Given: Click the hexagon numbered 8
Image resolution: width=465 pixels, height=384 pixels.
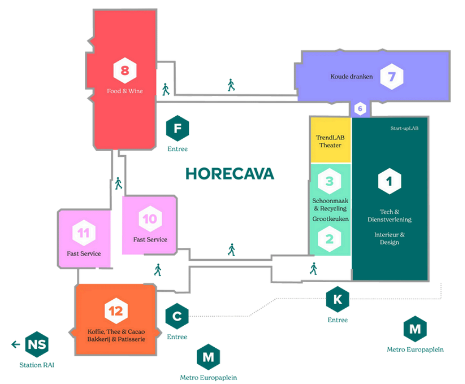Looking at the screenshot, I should point(125,70).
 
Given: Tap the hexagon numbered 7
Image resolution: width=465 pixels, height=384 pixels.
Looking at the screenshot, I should point(391,77).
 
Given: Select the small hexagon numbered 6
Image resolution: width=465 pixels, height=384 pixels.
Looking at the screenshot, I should point(360,109).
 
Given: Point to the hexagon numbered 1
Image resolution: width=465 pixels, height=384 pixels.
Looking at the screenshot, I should point(389,181).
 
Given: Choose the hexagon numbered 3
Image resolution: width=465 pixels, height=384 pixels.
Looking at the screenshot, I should point(329,181).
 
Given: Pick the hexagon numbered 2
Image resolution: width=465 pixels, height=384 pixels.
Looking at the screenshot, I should point(329,239).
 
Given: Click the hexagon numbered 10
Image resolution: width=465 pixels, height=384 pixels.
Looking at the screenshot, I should point(149,219).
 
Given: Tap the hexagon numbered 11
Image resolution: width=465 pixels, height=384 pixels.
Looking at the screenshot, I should point(83,233).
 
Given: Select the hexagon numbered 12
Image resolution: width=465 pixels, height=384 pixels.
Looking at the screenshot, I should point(115,310).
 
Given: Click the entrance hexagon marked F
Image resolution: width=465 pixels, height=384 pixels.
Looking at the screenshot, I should point(177,128).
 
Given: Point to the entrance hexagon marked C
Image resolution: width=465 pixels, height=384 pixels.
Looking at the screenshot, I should point(177,317).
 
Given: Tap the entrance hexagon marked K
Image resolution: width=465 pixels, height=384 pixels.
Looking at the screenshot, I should point(337,299).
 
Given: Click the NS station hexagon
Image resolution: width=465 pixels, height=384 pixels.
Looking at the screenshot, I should point(37,344).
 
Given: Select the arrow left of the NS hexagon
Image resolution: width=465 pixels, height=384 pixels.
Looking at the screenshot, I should point(15,344).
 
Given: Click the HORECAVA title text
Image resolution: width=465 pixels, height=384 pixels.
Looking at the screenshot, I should point(230,174).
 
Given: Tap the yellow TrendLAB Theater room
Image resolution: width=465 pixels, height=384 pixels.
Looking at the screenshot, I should point(330,141).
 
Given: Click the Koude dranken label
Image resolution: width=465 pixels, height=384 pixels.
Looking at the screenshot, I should point(351,77).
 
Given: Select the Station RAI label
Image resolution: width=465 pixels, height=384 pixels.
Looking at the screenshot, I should point(37,365).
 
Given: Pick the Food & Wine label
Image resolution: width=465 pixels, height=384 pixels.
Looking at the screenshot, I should point(125,91).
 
